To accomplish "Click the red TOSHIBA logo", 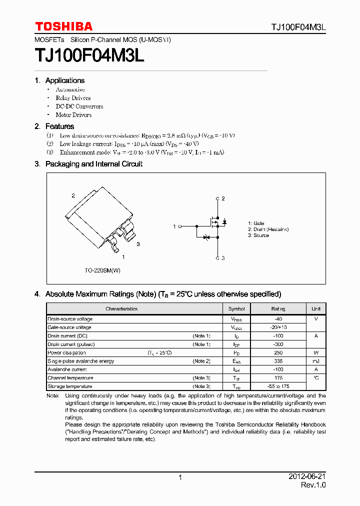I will pos(63,26).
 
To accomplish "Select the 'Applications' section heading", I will pos(64,80).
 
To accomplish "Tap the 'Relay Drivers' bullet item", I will pos(73,98).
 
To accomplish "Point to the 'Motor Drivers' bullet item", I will pos(73,115).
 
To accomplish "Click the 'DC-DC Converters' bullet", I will pos(79,106).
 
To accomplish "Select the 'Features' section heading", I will pos(59,126).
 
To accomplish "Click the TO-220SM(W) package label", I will pos(102,270).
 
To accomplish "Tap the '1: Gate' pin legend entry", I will pos(256,223).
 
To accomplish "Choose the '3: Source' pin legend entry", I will pos(258,235).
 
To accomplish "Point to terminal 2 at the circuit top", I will pos(217,199).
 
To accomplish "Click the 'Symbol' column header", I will pos(236,309).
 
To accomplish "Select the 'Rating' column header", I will pos(278,309).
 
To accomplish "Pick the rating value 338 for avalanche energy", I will pos(278,361).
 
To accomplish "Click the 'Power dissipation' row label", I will pos(66,352).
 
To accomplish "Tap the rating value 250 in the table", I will pos(278,352).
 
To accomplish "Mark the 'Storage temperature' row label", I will pos(69,386).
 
